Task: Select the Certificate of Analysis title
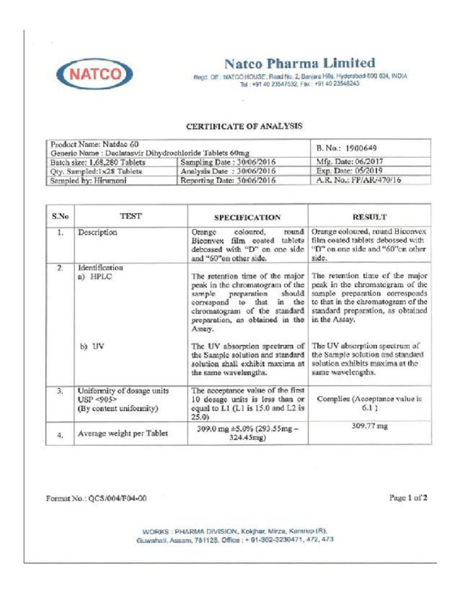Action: click(x=243, y=126)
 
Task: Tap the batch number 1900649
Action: click(x=347, y=148)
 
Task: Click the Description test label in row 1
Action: click(x=98, y=233)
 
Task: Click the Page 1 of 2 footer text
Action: click(x=408, y=498)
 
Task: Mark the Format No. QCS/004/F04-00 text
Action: click(x=96, y=499)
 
